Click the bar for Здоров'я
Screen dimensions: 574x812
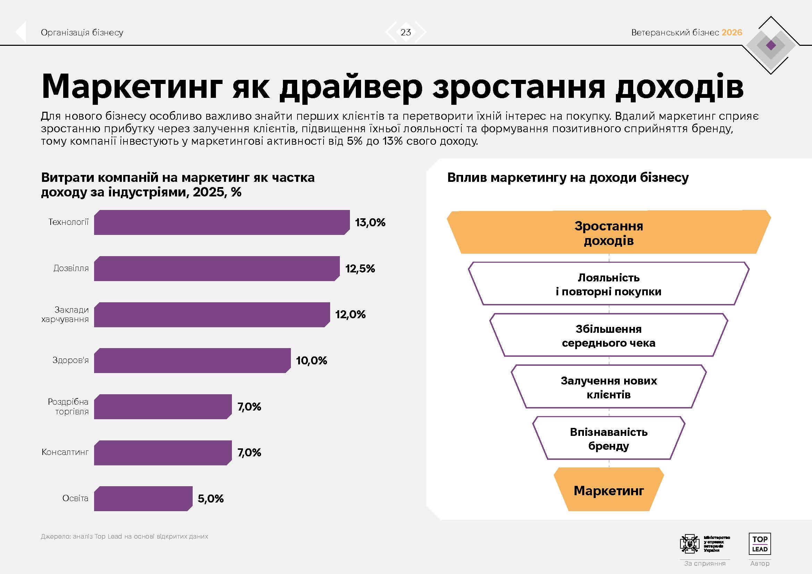pos(192,361)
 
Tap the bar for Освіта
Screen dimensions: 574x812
pos(143,499)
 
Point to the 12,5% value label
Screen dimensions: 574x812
pos(360,269)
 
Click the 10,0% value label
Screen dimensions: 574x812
pos(311,361)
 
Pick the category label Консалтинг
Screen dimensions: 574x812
pos(65,452)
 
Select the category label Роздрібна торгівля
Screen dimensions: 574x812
pos(69,406)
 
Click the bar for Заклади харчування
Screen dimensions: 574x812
pos(212,314)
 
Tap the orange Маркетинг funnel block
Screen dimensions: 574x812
pos(609,490)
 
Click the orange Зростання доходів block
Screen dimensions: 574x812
pos(609,233)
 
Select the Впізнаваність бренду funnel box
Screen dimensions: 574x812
pos(609,439)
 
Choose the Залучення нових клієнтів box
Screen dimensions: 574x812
pos(609,387)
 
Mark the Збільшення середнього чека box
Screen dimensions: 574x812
pos(609,336)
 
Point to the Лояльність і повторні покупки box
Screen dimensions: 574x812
pos(609,284)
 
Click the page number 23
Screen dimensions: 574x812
pos(405,32)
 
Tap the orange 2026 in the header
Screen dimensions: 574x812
pos(732,33)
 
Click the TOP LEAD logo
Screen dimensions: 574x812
pos(760,544)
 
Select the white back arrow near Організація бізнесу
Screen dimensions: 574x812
pos(21,32)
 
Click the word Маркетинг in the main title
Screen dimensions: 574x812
pos(132,87)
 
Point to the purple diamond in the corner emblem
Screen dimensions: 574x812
pos(771,45)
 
